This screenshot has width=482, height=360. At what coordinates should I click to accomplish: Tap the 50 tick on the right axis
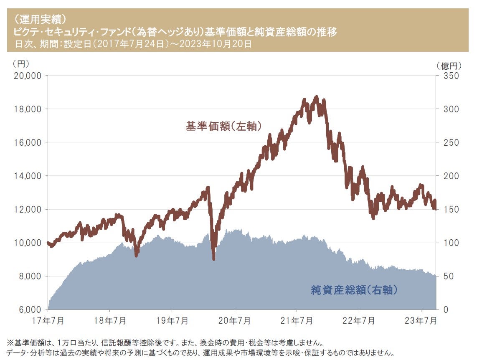click(446, 276)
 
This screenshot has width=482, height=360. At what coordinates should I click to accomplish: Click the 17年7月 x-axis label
click(48, 321)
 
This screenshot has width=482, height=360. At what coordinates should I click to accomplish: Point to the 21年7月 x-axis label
click(297, 321)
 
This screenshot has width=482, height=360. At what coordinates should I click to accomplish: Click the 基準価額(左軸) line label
click(223, 127)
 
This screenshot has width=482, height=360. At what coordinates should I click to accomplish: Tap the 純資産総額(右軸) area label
click(353, 289)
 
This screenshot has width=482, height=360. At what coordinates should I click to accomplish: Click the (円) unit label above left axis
click(21, 64)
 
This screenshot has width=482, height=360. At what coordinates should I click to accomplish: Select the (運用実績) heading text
click(38, 19)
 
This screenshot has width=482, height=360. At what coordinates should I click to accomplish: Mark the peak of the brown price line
click(316, 97)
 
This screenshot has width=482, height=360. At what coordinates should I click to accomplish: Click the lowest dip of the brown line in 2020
click(214, 259)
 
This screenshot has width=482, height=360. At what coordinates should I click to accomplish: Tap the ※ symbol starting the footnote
click(10, 343)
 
